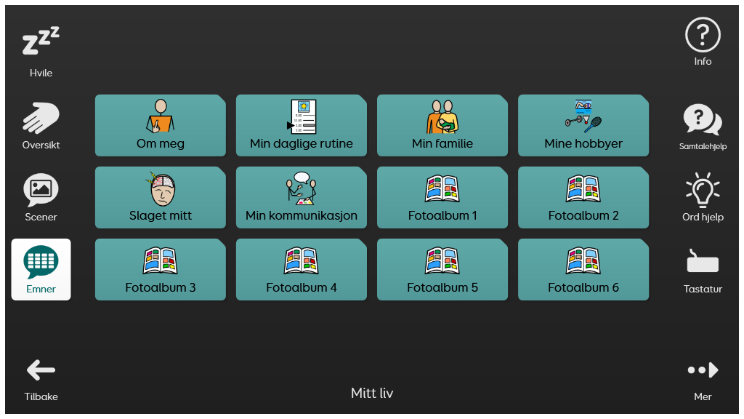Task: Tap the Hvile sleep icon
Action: (41, 43)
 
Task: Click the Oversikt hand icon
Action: (41, 118)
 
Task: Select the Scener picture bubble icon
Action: (41, 189)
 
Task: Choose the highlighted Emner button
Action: (41, 269)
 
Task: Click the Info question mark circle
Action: (703, 35)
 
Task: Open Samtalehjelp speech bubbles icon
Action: (703, 119)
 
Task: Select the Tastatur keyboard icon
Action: (703, 263)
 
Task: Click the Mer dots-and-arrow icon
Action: (703, 371)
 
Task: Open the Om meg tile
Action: (161, 125)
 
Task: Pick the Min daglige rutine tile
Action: (302, 125)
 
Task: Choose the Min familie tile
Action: (442, 125)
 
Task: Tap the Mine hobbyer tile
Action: (583, 125)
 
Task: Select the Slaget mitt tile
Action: (161, 197)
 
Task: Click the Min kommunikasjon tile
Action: (302, 197)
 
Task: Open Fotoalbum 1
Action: (442, 197)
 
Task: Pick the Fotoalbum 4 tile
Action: (302, 269)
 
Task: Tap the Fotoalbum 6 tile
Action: (583, 269)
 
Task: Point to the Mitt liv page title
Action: (372, 394)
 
